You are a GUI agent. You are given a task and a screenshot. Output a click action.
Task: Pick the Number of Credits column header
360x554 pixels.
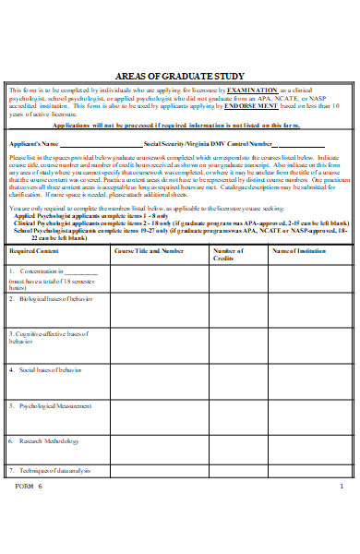point(228,255)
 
